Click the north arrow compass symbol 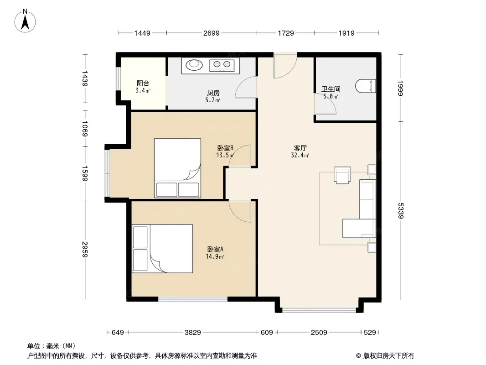(x=25, y=21)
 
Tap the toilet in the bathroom (x=366, y=86)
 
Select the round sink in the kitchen (x=194, y=64)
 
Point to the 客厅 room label (x=300, y=148)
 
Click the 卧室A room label (x=215, y=249)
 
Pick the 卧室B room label (x=225, y=148)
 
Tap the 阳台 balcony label (x=143, y=83)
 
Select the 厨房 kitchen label (x=213, y=93)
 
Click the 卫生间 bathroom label (x=331, y=89)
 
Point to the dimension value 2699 (x=212, y=33)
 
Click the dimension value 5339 (x=401, y=211)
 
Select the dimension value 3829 (x=193, y=333)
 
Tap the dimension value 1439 (x=85, y=78)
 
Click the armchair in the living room (x=342, y=175)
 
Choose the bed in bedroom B (x=178, y=168)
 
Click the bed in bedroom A (x=162, y=249)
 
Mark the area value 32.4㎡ (x=300, y=156)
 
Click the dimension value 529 (x=370, y=333)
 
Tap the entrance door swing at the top (x=285, y=65)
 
